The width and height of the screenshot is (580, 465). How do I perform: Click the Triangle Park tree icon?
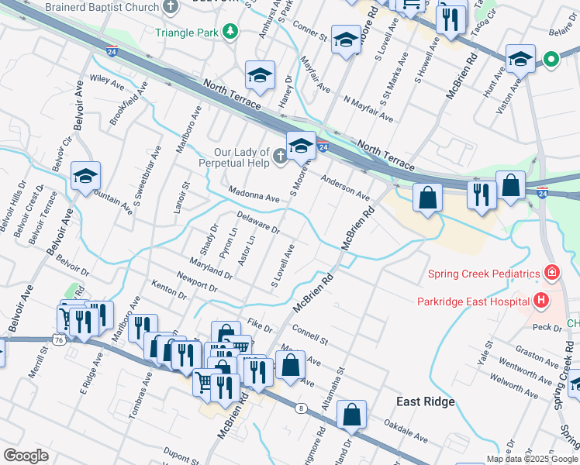230,31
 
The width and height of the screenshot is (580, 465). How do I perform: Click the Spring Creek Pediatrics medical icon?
551,273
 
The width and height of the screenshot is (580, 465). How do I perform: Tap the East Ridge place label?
425,401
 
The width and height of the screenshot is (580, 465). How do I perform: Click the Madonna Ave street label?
254,195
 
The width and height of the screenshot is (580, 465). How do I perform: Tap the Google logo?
26,456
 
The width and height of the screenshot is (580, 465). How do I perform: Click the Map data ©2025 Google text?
533,459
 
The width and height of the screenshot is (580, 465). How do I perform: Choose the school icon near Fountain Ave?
85,175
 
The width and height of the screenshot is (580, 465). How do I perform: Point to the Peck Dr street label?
547,327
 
